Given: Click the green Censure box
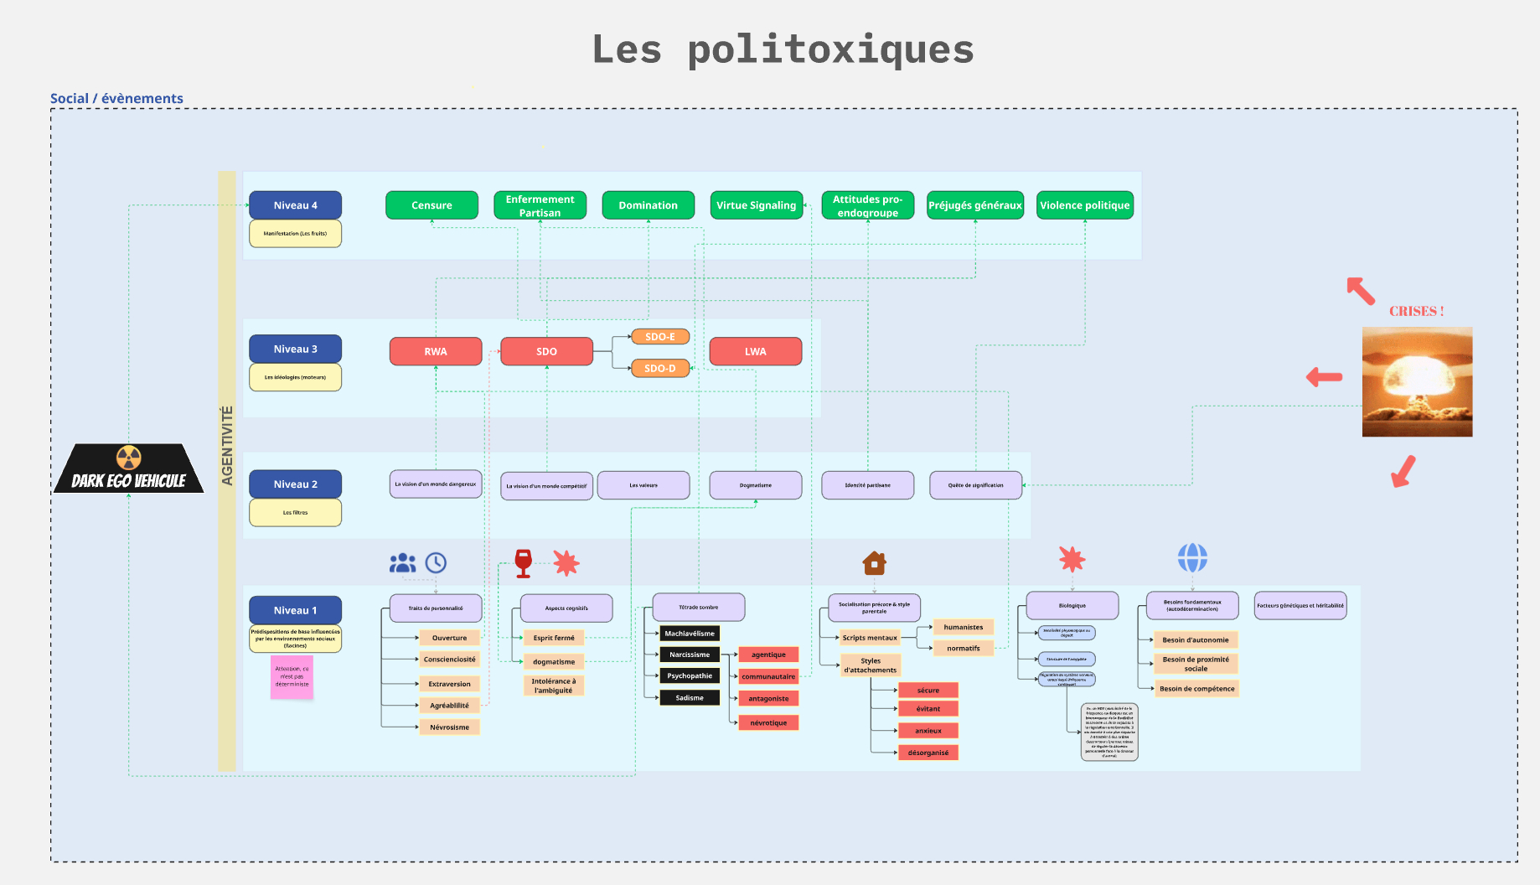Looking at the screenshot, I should point(432,205).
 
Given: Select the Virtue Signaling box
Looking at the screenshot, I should point(756,205).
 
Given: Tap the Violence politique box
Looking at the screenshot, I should point(1084,205).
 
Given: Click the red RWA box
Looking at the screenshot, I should point(436,351).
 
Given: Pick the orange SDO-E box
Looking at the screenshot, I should point(660,337).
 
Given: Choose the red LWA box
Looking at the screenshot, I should point(755,351).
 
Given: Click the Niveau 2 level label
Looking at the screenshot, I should point(295,484).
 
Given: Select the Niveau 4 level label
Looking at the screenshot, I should point(295,205).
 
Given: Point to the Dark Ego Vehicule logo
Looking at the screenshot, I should point(128,469).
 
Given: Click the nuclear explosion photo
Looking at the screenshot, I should point(1417,381).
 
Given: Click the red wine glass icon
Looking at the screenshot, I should point(524,563).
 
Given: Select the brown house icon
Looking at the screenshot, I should point(874,562).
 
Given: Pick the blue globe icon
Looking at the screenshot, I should point(1192,557).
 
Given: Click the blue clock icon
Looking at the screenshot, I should point(436,562).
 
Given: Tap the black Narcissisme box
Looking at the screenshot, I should point(690,655).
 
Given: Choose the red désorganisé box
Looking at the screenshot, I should point(928,753).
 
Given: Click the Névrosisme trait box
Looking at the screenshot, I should point(449,727).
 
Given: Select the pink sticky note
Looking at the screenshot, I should point(292,676).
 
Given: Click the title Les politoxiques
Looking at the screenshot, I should point(783,49).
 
